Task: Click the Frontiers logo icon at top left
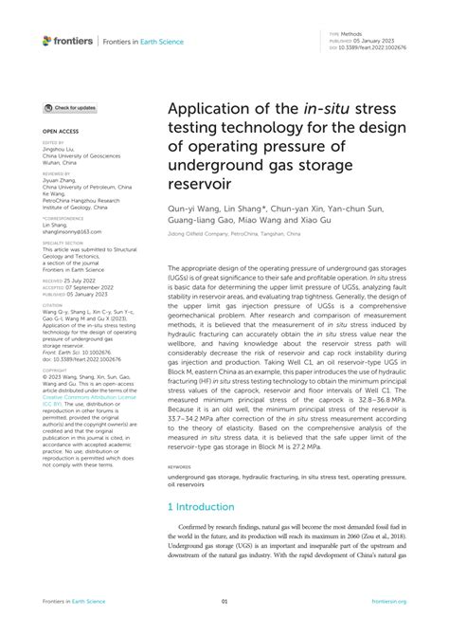(47, 41)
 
